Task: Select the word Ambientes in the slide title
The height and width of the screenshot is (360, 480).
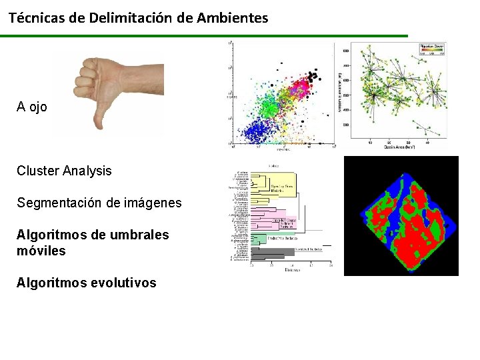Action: (232, 18)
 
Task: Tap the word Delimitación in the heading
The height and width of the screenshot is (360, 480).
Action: (130, 18)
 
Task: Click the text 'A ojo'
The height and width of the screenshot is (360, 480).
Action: (32, 107)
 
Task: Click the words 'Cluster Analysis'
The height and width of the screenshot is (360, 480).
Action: (64, 171)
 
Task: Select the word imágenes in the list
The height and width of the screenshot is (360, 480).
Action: (151, 203)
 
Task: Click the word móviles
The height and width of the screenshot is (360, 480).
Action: (41, 251)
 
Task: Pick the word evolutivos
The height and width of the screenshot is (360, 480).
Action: (120, 283)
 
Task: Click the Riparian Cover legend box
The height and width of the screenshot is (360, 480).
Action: (432, 48)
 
